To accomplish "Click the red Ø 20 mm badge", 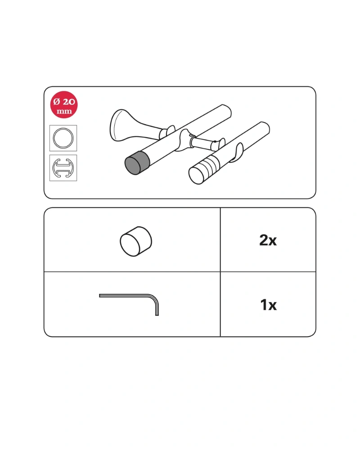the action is [64, 105].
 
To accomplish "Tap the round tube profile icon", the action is [63, 138].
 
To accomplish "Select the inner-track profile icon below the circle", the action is [63, 168].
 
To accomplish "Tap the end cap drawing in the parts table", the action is [136, 241].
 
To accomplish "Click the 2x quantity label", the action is [268, 240].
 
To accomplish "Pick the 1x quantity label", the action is [268, 305].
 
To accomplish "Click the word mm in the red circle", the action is [64, 111].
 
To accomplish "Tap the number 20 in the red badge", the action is [69, 102].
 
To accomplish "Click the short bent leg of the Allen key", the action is [157, 309].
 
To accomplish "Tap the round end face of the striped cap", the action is [196, 175].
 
